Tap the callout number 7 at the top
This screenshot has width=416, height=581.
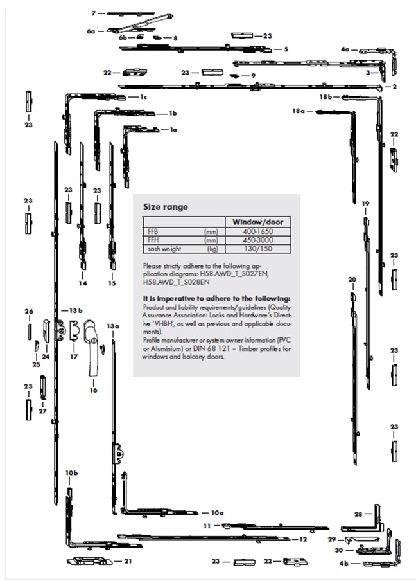tap(93, 13)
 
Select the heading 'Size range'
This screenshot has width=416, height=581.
tap(165, 207)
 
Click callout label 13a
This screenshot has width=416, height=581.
tap(113, 326)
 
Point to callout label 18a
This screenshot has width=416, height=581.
tap(297, 111)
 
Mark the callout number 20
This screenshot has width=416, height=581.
tap(352, 279)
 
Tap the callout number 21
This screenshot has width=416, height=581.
tap(128, 560)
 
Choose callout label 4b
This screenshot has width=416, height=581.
tap(344, 564)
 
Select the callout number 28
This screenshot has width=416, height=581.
tap(358, 514)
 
